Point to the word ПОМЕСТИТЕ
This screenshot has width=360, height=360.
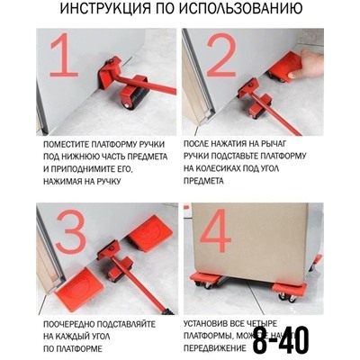72,143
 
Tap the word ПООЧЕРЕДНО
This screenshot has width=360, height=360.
74,320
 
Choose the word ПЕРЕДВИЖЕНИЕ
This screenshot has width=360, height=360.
215,346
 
